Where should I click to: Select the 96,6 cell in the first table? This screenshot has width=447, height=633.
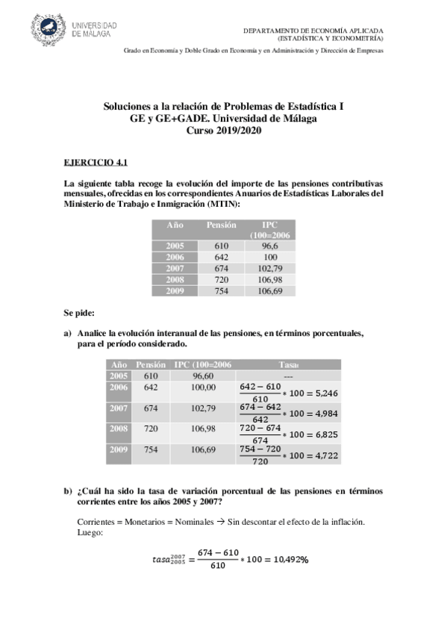269,246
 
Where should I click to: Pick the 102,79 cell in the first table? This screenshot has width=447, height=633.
269,268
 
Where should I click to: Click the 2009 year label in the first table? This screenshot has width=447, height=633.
175,290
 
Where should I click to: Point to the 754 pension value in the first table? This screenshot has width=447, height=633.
221,290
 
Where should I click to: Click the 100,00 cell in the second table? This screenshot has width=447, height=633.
202,387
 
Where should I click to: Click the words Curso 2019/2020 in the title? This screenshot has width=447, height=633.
223,130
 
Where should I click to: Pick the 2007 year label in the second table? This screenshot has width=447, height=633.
119,408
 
